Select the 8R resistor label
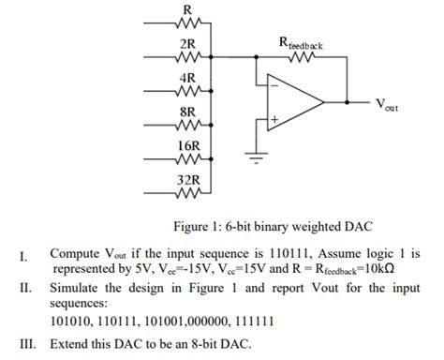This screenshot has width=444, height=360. (x=187, y=111)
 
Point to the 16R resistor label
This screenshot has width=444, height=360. (x=187, y=145)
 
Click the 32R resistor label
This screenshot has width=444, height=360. (x=187, y=178)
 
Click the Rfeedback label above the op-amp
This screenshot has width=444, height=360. (x=303, y=42)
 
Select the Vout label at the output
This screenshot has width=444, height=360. (x=385, y=105)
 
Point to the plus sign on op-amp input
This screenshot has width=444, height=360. (x=273, y=119)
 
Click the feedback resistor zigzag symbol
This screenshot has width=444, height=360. (x=303, y=57)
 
